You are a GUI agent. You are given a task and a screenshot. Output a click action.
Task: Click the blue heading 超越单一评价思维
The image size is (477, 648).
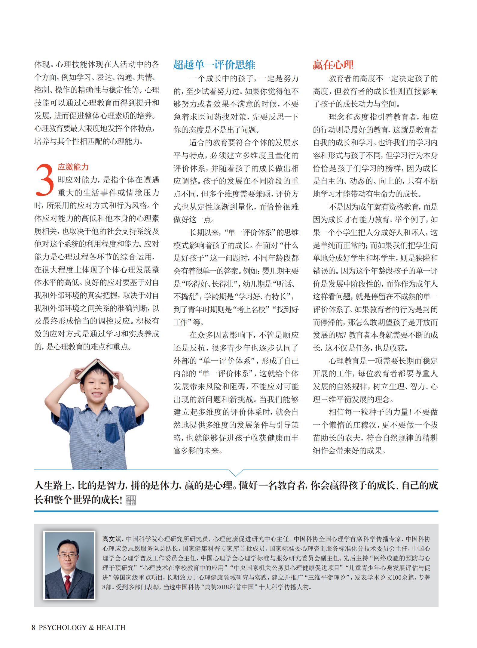click(214, 65)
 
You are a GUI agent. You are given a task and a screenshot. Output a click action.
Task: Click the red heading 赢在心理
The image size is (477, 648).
click(333, 65)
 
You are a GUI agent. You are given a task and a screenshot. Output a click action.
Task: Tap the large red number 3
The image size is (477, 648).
click(45, 180)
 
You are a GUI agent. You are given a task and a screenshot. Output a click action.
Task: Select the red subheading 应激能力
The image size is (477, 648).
click(73, 167)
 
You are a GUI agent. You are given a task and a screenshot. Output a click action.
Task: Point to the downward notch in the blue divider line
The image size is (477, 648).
click(236, 473)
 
